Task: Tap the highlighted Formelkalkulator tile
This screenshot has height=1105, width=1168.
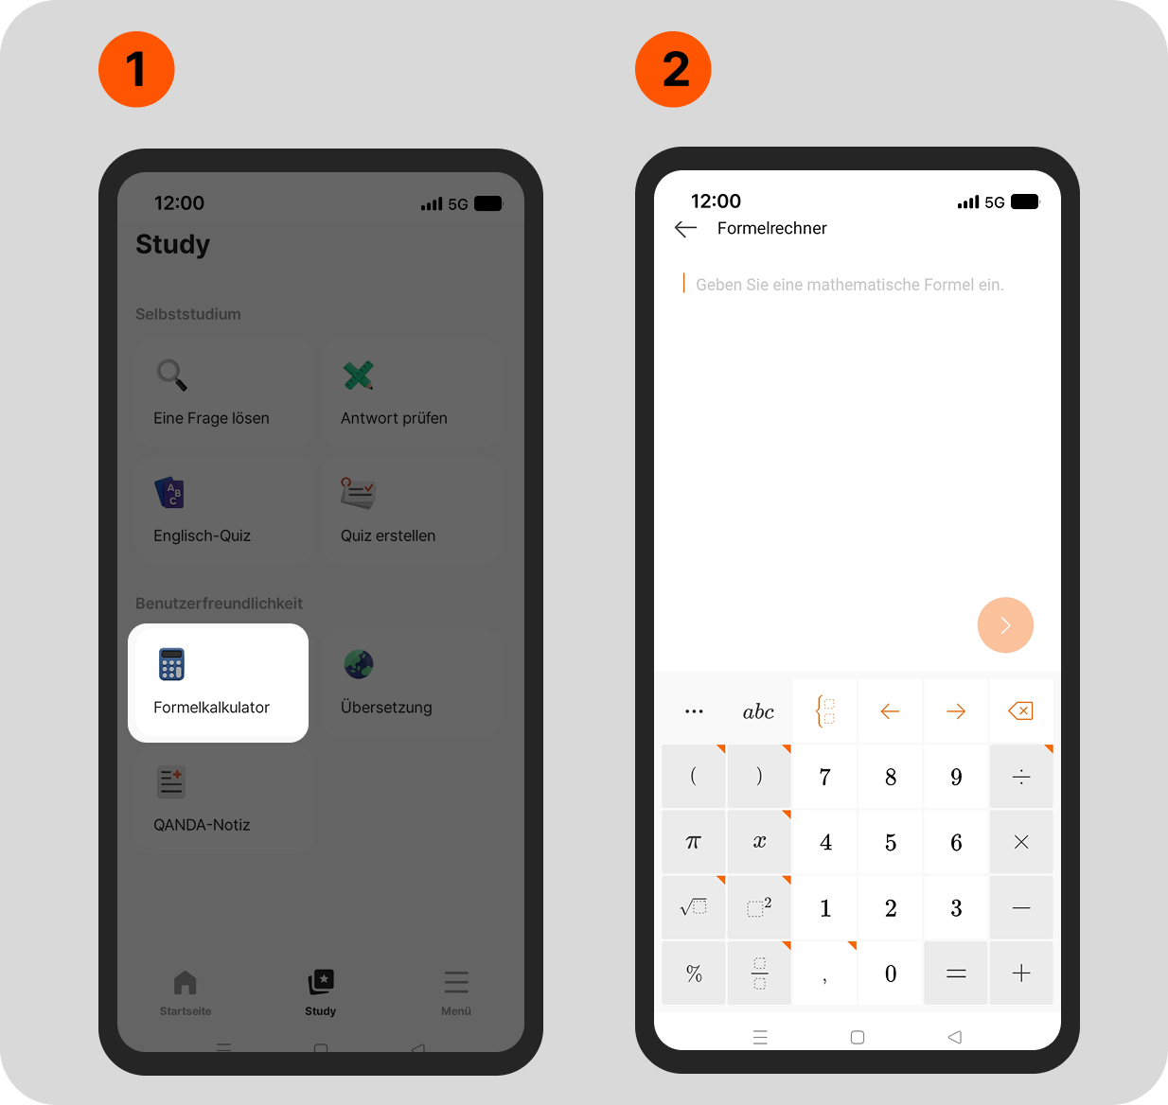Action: coord(218,682)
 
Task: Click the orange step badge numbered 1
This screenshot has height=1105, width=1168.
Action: coord(136,69)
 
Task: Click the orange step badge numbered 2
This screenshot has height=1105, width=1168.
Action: coord(673,69)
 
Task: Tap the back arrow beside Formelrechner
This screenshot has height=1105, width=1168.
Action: coord(685,229)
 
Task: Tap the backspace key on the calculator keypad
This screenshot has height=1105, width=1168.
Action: coord(1020,710)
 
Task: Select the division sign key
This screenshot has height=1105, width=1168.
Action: coord(1020,776)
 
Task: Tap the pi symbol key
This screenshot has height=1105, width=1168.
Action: coord(693,841)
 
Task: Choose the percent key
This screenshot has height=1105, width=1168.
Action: coord(693,973)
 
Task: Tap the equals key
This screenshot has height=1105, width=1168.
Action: coord(955,973)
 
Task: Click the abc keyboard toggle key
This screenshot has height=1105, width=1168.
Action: coord(759,710)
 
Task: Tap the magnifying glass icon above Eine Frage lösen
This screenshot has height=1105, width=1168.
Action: coord(171,375)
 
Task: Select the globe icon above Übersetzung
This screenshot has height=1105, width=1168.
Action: coord(358,664)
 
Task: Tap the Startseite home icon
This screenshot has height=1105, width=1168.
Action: coord(185,982)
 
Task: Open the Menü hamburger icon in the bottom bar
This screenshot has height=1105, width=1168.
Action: coord(456,982)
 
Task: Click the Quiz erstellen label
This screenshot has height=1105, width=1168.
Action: coord(388,535)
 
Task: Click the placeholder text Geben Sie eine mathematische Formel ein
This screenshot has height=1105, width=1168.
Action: coord(850,285)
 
